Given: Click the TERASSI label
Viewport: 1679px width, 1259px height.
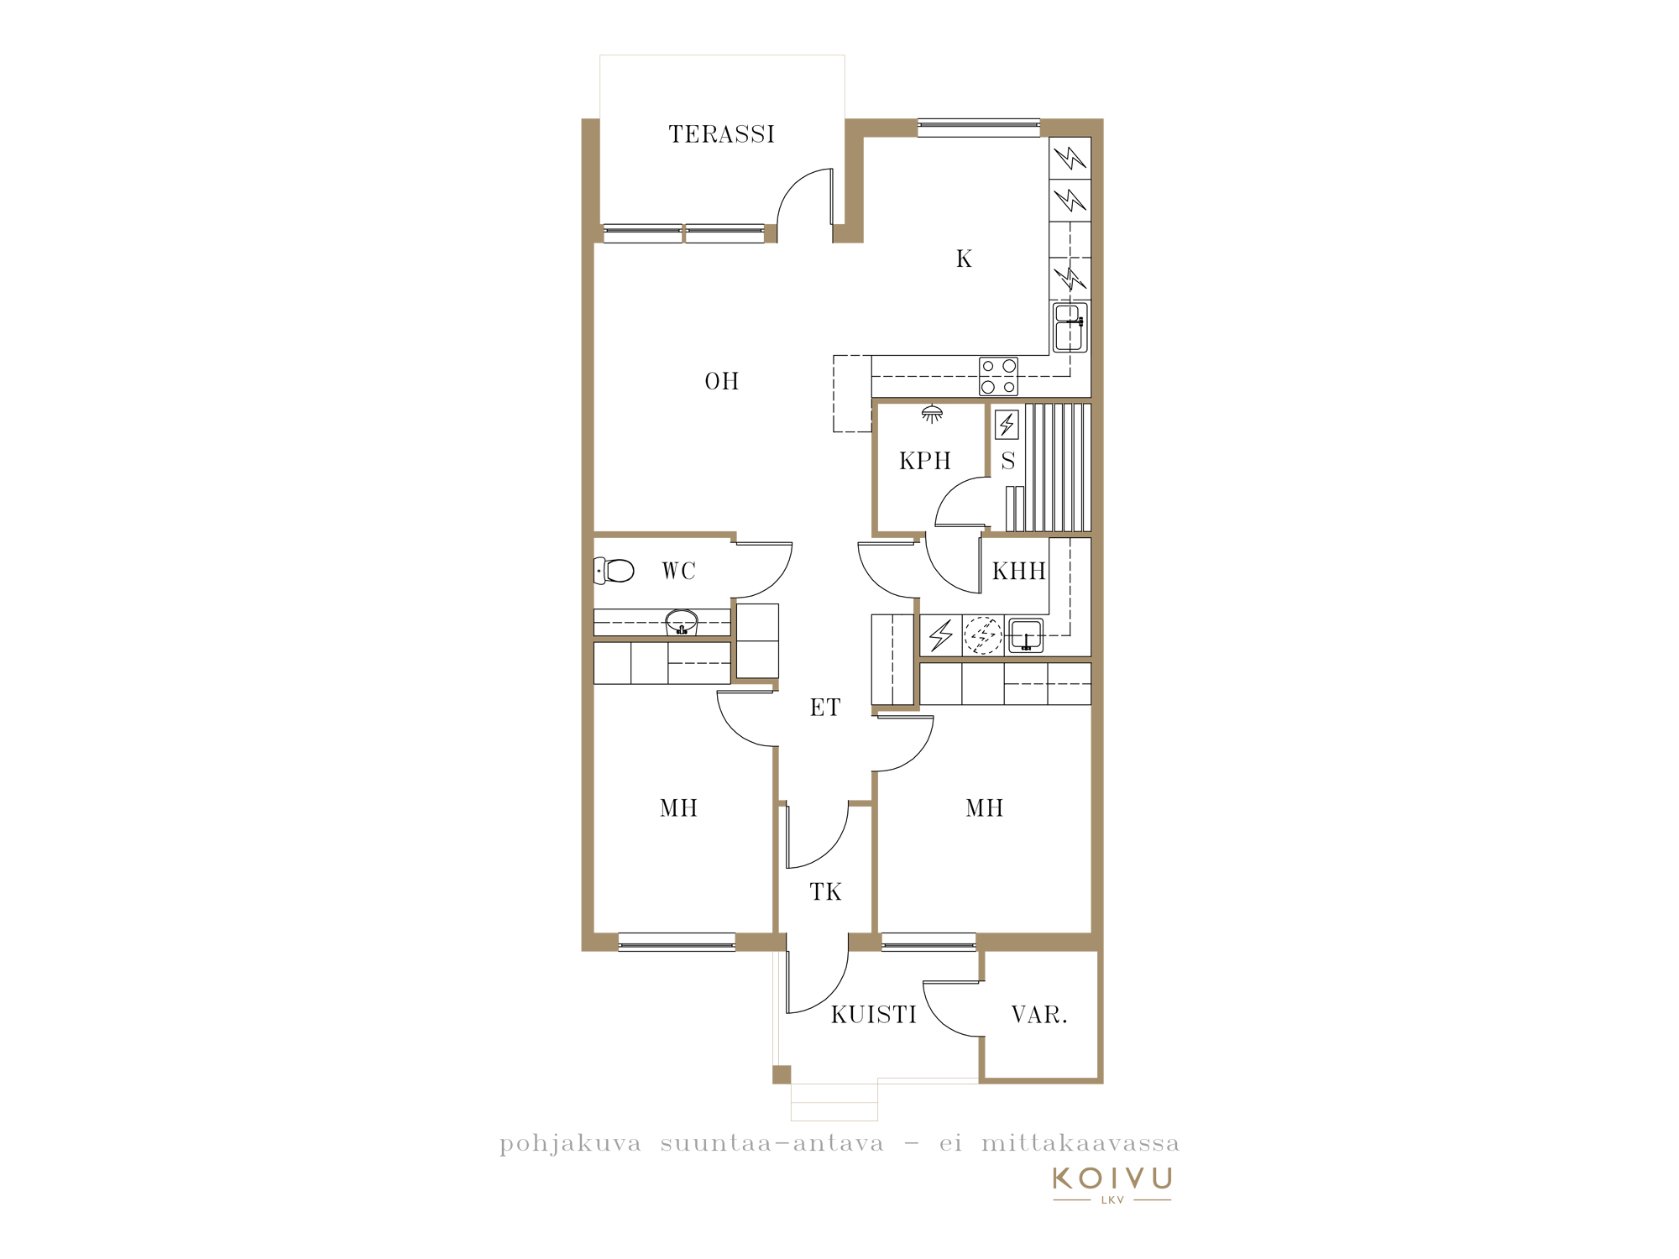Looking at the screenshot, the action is (721, 134).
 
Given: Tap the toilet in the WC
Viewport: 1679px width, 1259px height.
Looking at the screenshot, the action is (614, 571).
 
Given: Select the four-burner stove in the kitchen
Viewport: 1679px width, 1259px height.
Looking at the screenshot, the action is (999, 377).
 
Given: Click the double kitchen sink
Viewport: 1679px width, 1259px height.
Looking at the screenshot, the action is (1070, 327).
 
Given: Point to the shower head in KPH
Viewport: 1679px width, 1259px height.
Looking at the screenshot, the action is (932, 414).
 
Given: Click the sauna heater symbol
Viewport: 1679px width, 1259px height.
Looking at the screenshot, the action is (1007, 425).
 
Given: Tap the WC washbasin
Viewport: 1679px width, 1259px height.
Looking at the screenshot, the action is (682, 623).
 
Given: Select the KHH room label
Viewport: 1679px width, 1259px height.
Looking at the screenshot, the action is (1019, 572).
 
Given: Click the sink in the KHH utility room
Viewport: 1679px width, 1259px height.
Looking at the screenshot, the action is (1026, 635).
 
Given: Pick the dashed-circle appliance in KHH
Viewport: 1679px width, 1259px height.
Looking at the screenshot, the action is (983, 636).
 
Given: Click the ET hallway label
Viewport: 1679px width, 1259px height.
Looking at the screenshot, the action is (825, 708).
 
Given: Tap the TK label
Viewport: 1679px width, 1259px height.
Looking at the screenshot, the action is (826, 892).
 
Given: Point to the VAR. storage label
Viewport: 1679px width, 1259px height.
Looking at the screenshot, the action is (1039, 1016).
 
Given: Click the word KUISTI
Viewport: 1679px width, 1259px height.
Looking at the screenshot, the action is (874, 1016).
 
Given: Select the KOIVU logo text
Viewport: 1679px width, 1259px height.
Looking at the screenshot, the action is (1112, 1178).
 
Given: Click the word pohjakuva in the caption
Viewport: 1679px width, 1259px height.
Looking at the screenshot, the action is (571, 1145).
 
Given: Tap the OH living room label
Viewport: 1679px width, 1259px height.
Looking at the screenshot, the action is (722, 382).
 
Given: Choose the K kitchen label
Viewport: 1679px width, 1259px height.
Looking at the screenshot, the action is (964, 259).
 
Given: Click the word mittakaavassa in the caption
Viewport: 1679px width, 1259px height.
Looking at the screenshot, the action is (1080, 1143).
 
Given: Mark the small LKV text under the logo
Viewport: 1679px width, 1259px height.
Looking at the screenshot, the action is (1112, 1200).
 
